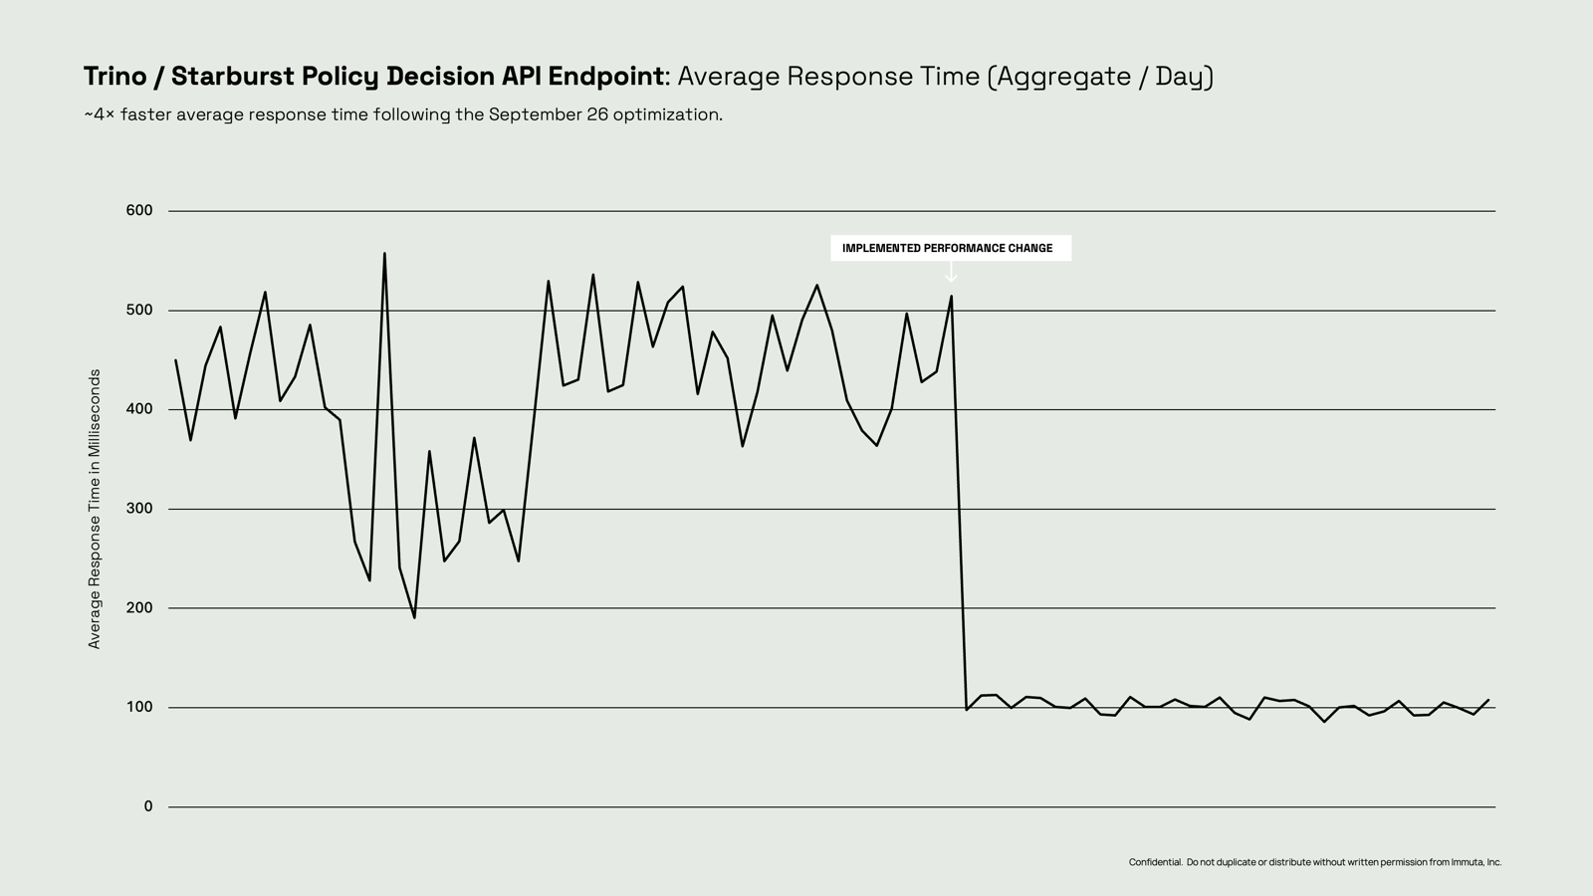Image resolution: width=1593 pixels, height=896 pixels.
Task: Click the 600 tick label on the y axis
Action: click(x=139, y=210)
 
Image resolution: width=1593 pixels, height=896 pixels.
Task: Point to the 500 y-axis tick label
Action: click(x=139, y=310)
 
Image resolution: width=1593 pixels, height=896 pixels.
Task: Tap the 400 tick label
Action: click(x=139, y=409)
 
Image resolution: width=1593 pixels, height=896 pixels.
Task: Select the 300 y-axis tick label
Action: click(x=139, y=509)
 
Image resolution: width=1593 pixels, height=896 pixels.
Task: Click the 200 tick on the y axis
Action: click(x=139, y=607)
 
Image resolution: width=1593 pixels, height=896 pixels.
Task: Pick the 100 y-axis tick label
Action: click(x=139, y=707)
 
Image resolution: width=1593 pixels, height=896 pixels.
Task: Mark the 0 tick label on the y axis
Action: click(x=148, y=806)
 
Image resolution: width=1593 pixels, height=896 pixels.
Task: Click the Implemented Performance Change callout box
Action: click(x=950, y=248)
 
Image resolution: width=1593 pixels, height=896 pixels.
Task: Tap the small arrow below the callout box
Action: click(x=951, y=272)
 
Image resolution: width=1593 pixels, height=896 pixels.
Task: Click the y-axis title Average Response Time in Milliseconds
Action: click(x=95, y=509)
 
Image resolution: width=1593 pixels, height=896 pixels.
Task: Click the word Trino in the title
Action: click(x=115, y=77)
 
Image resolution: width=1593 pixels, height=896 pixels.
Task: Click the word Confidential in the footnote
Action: click(x=1155, y=862)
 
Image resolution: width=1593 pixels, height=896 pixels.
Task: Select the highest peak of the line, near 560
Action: click(x=384, y=253)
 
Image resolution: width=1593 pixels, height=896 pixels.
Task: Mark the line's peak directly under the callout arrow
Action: click(x=951, y=296)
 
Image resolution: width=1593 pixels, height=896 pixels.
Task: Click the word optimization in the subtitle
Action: click(x=667, y=114)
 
